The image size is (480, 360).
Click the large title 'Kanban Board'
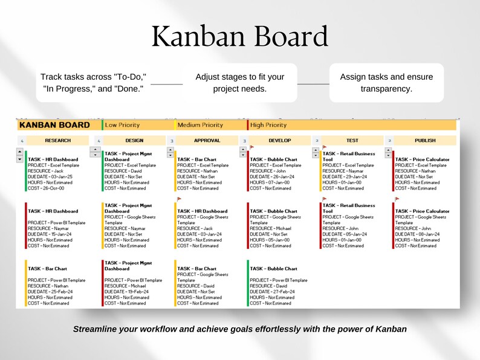[x=240, y=37]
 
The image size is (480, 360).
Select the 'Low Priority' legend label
[x=123, y=125]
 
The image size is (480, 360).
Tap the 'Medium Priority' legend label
[x=200, y=125]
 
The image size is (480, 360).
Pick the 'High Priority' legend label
[x=268, y=125]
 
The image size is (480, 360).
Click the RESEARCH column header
[x=58, y=141]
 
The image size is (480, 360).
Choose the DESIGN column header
[x=131, y=141]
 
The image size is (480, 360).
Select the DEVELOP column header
[x=280, y=141]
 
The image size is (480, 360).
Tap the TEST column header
[x=352, y=141]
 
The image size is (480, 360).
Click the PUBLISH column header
[x=425, y=141]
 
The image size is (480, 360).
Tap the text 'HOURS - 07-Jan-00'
[x=270, y=182]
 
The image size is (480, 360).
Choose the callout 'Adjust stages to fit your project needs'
[x=239, y=83]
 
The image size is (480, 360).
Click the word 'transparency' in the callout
[x=386, y=89]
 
